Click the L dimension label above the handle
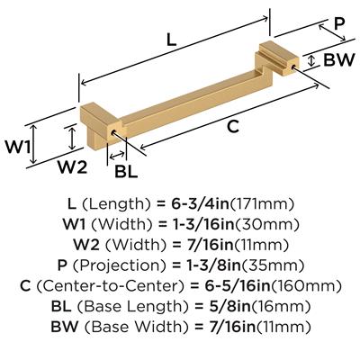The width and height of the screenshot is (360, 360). point(171,40)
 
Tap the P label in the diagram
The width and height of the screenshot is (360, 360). point(338,23)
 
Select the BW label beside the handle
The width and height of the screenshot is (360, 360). point(339,59)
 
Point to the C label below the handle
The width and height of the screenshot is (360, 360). point(233,126)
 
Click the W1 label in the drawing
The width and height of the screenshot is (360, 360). point(18,147)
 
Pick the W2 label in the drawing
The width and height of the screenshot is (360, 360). point(72,166)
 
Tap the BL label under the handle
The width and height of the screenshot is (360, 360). point(126,172)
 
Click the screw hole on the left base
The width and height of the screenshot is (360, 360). point(113,132)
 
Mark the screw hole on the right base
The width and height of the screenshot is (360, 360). point(293,66)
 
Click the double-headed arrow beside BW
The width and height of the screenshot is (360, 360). point(312,60)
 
